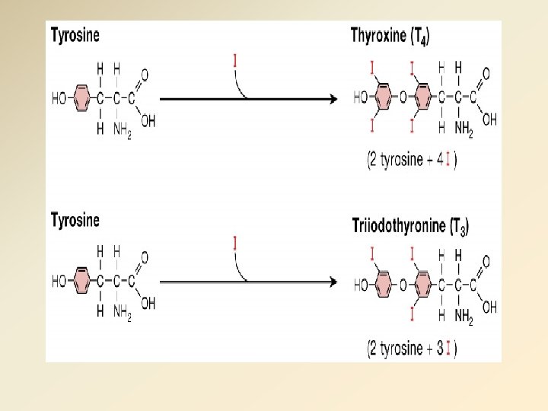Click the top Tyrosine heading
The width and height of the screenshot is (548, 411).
pos(75,35)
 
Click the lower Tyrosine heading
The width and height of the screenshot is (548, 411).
pos(75,221)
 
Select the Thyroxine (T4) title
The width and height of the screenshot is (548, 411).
pos(390,36)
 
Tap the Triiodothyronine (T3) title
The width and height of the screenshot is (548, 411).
pos(410,226)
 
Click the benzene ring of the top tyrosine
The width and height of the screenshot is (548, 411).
pos(81,97)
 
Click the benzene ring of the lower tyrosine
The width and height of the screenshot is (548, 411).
pos(81,281)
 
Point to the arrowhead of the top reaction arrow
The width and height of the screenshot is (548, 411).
pos(332,97)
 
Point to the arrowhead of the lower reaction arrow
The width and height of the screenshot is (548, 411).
pos(332,282)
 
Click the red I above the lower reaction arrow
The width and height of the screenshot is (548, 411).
pos(235,244)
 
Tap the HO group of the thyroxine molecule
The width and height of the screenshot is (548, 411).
pos(362,97)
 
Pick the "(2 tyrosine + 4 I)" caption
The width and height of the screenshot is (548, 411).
pos(412,160)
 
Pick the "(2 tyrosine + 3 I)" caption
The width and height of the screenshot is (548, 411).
pos(412,349)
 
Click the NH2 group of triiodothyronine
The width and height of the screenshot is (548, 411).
pos(464,317)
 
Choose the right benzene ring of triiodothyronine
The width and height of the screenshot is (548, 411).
pos(421,285)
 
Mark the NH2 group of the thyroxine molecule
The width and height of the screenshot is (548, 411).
pos(464,130)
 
